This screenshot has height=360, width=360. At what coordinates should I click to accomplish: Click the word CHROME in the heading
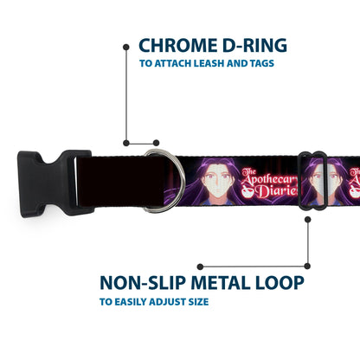178,46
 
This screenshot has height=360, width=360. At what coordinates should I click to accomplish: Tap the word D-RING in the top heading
255,46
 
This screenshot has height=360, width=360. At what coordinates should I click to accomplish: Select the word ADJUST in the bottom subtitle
169,302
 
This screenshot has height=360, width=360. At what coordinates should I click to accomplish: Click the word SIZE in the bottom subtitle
198,302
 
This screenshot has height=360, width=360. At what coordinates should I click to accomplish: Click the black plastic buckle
55,183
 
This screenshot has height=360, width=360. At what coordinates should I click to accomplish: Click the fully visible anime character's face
215,183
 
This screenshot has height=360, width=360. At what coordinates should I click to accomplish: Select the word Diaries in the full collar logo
276,191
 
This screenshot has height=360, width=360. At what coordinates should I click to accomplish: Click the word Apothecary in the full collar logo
269,179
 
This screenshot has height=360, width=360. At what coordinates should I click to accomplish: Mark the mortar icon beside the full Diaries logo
248,192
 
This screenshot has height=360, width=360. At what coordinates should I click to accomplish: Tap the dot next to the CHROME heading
126,47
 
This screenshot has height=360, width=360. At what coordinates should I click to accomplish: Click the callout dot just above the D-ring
156,143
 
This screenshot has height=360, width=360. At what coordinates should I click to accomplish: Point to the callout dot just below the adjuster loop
308,220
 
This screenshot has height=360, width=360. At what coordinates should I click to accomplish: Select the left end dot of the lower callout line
200,267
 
